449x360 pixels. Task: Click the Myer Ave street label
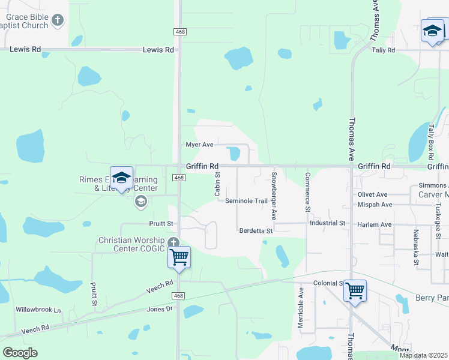(x=200, y=145)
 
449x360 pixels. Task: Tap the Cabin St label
(x=217, y=184)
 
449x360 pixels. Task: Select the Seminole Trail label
(x=246, y=201)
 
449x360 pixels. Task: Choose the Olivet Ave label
(x=373, y=194)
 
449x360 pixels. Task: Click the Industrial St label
(x=328, y=223)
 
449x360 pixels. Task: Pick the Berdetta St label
(x=256, y=230)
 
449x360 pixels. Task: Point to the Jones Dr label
(x=160, y=309)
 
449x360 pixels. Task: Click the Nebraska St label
(x=415, y=247)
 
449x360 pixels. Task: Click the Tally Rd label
(x=384, y=50)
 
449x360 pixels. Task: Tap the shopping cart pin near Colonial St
(x=355, y=290)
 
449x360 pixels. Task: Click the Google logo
(x=20, y=353)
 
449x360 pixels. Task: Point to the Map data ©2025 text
(x=423, y=355)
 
